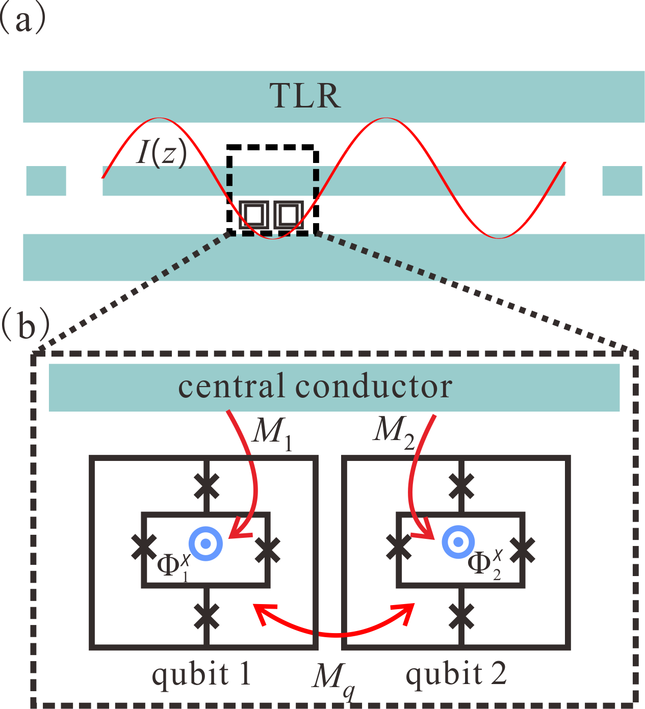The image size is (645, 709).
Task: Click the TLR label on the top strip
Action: coord(305,96)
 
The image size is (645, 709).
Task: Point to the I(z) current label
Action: coord(161,151)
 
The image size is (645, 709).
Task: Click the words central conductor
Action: coord(315,387)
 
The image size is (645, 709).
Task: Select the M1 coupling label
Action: coord(273,432)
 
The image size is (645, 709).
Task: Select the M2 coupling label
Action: coord(393,431)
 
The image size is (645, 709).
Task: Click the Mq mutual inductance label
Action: coord(333,680)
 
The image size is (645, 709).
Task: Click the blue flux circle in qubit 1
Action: coord(206,543)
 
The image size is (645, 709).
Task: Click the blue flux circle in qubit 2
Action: coord(458,542)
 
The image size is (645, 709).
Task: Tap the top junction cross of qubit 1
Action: coord(207,486)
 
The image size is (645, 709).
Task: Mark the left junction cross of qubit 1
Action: coord(144,547)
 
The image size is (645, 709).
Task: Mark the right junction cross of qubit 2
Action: coord(523,550)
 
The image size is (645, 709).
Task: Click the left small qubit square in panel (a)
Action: coord(253,215)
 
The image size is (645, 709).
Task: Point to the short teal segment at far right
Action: coord(622,181)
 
